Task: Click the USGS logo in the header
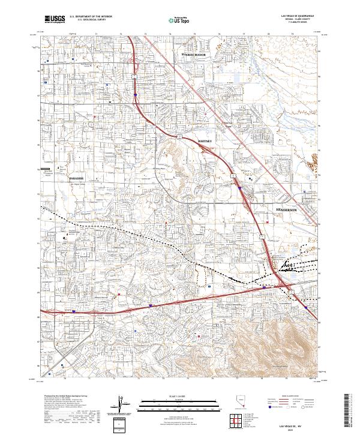point(55,20)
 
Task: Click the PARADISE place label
point(76,179)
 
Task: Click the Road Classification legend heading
point(290,397)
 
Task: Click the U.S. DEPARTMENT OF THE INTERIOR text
point(91,16)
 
